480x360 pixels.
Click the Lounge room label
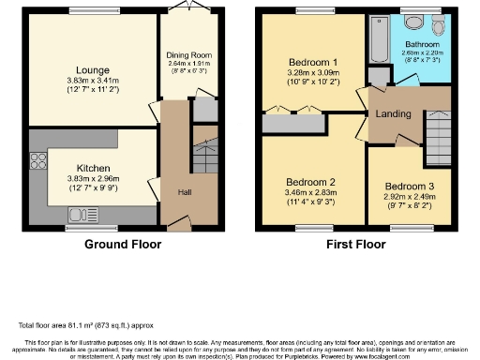click(95, 69)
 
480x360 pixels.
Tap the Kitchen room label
click(94, 170)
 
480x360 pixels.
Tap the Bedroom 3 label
click(410, 186)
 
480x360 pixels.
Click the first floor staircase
click(437, 126)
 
